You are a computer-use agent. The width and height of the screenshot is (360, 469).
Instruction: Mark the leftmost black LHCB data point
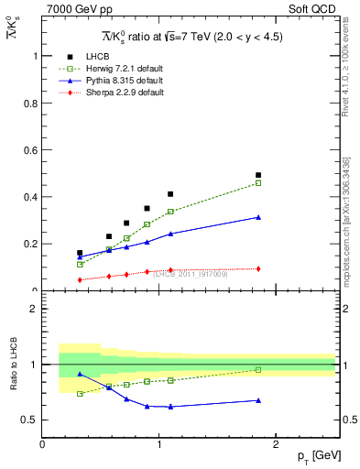tap(80, 253)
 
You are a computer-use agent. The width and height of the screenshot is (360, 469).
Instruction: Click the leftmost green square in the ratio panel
tap(80, 394)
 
